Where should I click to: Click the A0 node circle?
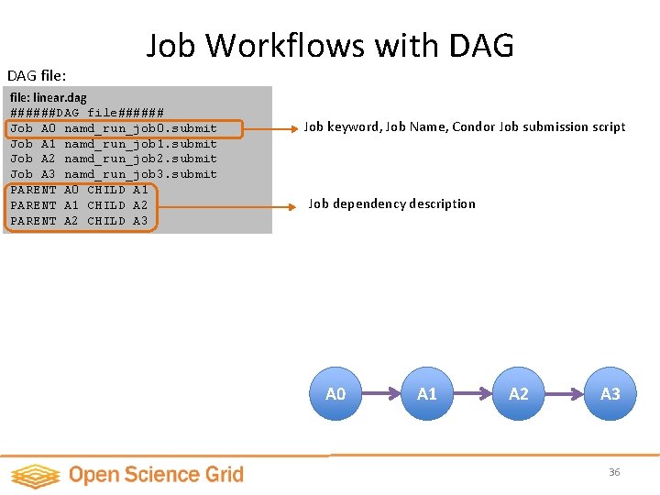(335, 394)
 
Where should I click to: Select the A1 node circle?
(427, 394)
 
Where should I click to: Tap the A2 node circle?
(519, 394)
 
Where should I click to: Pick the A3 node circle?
(610, 394)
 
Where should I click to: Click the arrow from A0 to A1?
(381, 394)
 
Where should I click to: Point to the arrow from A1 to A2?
(473, 394)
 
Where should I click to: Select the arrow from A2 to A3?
(565, 394)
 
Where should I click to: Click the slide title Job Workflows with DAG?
(330, 45)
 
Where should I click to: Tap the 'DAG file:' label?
(38, 73)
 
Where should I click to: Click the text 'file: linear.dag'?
(49, 97)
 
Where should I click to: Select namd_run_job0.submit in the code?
(140, 128)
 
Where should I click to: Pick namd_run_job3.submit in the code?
(140, 174)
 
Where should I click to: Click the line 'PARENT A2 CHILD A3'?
(79, 221)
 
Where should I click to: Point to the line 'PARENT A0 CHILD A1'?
(79, 190)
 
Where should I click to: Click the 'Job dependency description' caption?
(391, 204)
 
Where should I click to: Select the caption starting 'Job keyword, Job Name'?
(465, 127)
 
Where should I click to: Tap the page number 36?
(614, 472)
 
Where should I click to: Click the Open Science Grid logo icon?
(35, 475)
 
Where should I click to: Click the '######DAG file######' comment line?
(87, 113)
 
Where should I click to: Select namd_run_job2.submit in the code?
(140, 159)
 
